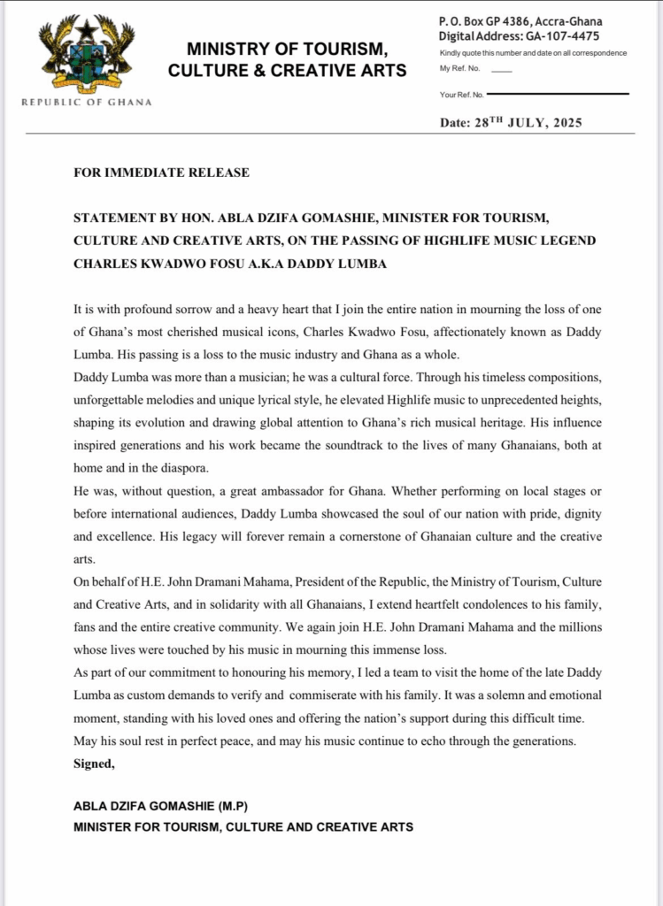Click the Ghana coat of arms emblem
tap(86, 55)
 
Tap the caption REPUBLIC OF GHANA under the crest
tap(86, 102)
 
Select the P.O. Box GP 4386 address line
tap(521, 21)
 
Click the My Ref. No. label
tap(459, 68)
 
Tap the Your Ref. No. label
tap(461, 94)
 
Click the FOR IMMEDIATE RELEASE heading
tap(161, 173)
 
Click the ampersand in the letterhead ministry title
tap(248, 70)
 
